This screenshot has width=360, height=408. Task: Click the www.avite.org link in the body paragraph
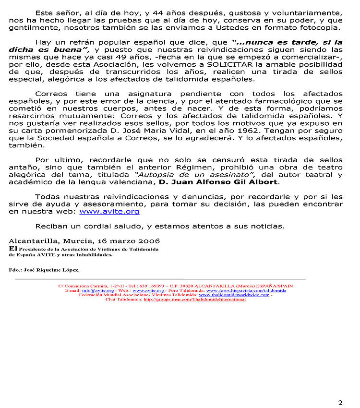(x=109, y=211)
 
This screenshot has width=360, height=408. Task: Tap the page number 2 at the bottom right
(x=340, y=389)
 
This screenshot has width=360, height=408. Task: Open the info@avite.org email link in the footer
(x=97, y=290)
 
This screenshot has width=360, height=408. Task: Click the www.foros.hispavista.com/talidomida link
(x=246, y=290)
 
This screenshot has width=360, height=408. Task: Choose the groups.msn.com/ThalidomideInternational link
(x=194, y=300)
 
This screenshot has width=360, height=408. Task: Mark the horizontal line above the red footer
(x=160, y=279)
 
